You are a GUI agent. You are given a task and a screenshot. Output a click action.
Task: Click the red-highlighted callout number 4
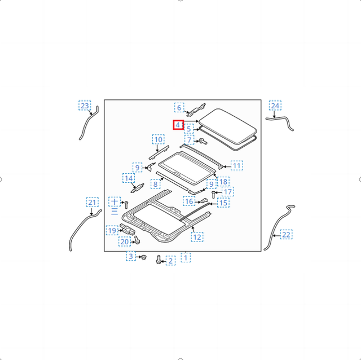coord(178,125)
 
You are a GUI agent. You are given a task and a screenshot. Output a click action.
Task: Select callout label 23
coord(85,106)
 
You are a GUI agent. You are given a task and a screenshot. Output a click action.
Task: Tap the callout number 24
coord(275,106)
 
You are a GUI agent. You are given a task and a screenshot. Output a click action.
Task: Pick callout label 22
coord(286,235)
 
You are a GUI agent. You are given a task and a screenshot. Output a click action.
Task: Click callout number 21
coord(93,202)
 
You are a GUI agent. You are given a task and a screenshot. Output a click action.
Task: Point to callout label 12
coord(197,237)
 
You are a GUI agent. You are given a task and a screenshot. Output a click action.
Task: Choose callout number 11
coord(237,165)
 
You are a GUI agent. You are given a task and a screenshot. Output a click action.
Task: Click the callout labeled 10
coord(159,139)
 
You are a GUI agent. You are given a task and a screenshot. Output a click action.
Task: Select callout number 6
coord(179,107)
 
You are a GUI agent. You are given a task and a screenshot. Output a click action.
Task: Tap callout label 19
coord(112,230)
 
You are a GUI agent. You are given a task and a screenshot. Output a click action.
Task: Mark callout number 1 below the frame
coord(186,257)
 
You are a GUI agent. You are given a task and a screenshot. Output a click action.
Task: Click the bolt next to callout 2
coord(159,260)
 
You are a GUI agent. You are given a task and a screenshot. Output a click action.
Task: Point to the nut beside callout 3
coord(144,257)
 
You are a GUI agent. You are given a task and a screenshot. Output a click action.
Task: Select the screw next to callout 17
coord(213,195)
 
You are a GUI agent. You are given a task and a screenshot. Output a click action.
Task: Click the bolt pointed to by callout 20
coord(137,240)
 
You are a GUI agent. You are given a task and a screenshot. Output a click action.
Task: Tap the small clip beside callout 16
coord(204,201)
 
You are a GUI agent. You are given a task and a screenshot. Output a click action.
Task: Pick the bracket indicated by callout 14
coord(138,188)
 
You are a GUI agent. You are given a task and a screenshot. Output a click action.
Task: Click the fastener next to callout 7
coord(203,141)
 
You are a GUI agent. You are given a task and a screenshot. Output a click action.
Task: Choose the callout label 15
coord(223,203)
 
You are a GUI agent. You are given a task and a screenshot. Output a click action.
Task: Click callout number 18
coord(223,182)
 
